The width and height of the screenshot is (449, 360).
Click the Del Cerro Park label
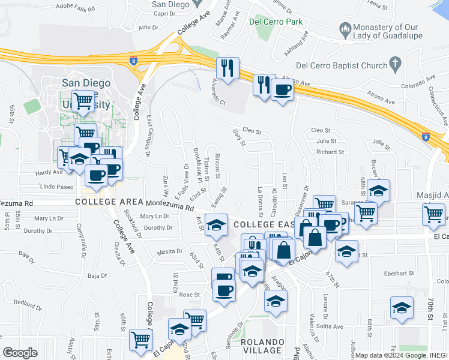tap(275, 23)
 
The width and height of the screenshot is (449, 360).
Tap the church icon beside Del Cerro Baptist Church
tap(395, 62)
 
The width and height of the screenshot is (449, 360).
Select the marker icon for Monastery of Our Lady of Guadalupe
tap(345, 28)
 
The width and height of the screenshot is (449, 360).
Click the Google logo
tap(20, 353)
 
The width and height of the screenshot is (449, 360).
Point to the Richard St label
tap(330, 152)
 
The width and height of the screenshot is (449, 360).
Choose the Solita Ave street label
tap(330, 326)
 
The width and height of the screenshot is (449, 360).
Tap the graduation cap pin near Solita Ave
tap(402, 308)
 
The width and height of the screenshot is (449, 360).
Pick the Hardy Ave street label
tap(49, 172)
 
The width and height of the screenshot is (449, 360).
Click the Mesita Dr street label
tap(170, 252)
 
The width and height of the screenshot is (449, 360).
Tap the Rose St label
tap(188, 295)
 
